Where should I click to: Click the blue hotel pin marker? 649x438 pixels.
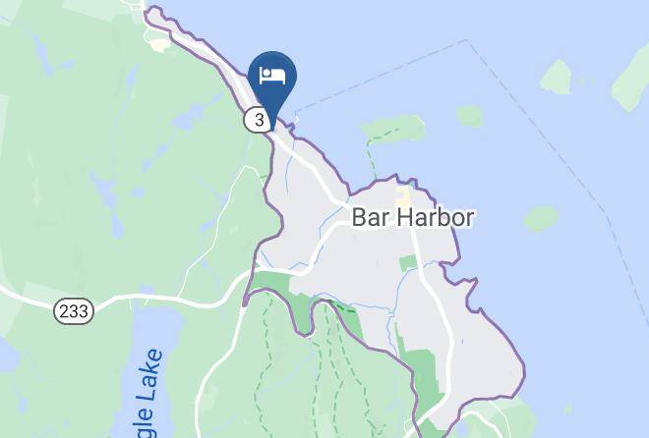point(272,77)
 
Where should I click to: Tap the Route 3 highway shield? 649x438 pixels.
point(258,120)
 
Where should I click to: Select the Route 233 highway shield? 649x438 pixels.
point(73,310)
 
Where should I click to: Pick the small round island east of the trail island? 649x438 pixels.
point(469,116)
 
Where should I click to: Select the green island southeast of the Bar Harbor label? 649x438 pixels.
point(541,218)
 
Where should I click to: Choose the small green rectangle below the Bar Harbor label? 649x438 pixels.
point(408,263)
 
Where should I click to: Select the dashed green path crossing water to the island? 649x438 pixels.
point(371,157)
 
